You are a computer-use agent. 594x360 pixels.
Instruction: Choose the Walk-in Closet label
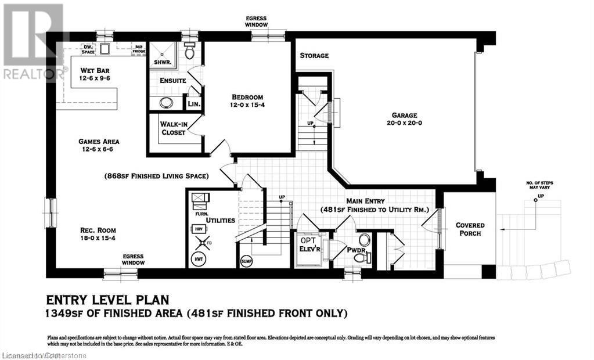pos(174,128)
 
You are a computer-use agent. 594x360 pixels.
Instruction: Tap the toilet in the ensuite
pos(190,51)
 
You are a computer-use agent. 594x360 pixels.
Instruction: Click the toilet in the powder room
pos(364,240)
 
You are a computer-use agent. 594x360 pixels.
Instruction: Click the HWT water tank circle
pos(199,257)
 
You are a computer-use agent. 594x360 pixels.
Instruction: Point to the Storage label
pos(314,56)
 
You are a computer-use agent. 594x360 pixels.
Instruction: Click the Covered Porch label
pos(470,229)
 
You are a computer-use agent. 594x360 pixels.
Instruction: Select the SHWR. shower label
pos(161,62)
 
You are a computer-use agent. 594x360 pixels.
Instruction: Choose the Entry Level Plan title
pos(107,300)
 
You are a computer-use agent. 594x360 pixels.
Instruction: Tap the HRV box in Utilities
pos(199,229)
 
